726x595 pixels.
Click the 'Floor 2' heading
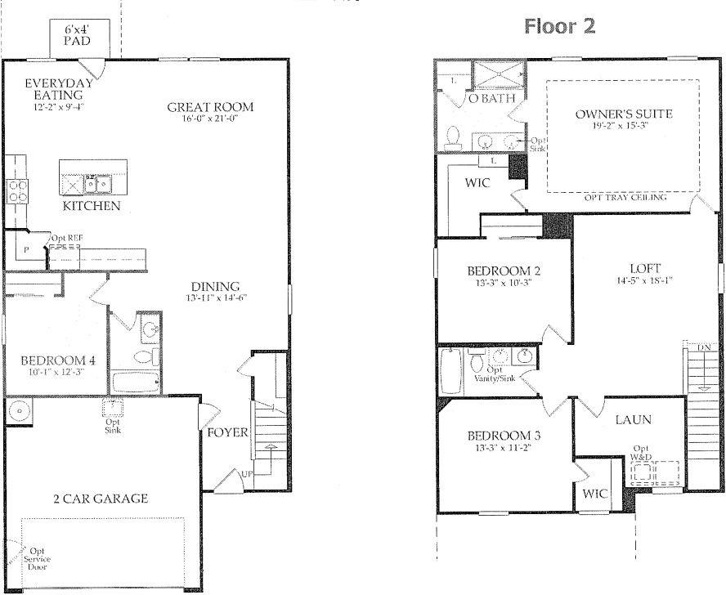pos(559,26)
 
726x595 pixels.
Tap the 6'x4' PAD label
pos(78,35)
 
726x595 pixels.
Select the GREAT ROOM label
pos(210,106)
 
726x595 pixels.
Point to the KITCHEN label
pos(92,206)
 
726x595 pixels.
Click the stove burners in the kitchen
pos(17,191)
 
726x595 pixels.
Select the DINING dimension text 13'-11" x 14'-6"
pos(214,298)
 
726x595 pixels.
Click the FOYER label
pos(226,432)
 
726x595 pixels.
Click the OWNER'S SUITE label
pos(623,114)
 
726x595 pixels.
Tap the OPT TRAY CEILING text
pos(625,198)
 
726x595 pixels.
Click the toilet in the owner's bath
pos(452,139)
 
